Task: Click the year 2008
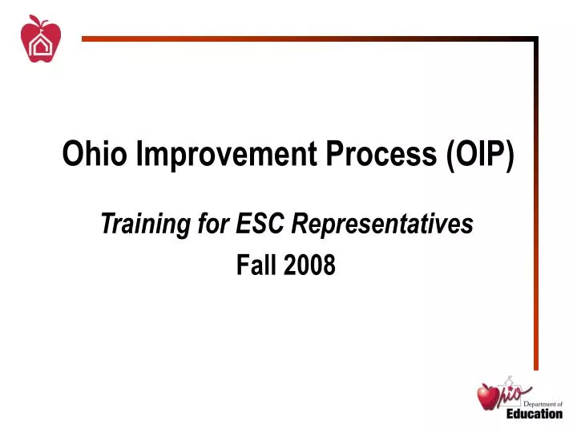pyautogui.click(x=309, y=265)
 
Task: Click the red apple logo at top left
pyautogui.click(x=40, y=40)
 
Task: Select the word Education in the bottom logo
pyautogui.click(x=534, y=415)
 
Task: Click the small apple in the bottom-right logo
pyautogui.click(x=488, y=396)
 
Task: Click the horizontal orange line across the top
pyautogui.click(x=305, y=38)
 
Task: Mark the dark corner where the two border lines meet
pyautogui.click(x=535, y=38)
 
